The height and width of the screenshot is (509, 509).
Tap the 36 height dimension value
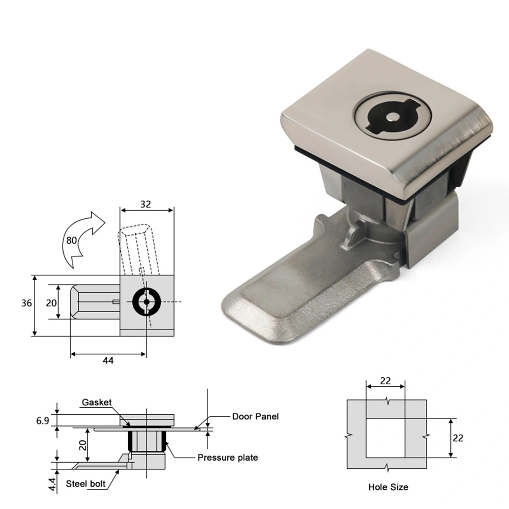pos(27,303)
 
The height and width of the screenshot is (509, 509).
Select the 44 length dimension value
pos(108,360)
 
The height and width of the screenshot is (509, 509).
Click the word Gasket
pos(97,403)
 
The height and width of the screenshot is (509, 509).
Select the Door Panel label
pos(256,416)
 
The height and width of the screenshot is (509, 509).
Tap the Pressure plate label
pos(228,458)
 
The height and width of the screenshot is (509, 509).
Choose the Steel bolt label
pos(86,484)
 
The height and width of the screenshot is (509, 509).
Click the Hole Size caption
pos(388,487)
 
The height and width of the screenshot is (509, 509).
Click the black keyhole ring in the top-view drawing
pos(147,302)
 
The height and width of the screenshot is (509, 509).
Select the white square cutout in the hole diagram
pos(385,438)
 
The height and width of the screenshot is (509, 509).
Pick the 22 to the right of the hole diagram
pos(458,437)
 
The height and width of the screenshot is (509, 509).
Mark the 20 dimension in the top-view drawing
pos(51,303)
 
